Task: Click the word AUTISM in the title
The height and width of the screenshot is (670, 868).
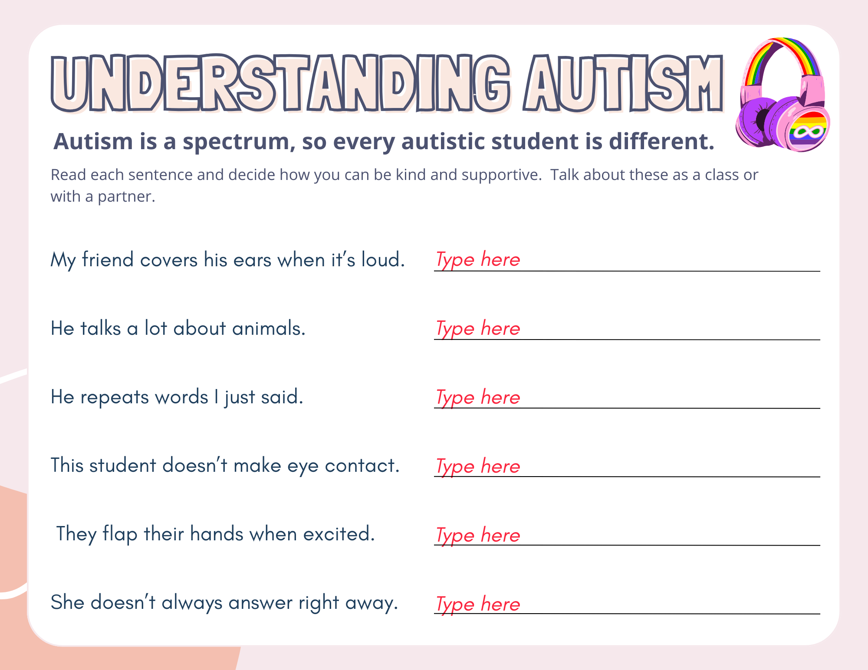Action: click(623, 83)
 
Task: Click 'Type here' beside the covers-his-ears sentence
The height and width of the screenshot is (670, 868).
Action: click(477, 260)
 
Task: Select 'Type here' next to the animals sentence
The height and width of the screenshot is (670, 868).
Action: click(477, 328)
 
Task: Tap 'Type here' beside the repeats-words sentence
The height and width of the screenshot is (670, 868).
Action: click(477, 397)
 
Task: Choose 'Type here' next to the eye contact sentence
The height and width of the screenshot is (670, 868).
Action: click(477, 466)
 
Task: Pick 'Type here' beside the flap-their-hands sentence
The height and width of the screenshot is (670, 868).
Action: click(477, 535)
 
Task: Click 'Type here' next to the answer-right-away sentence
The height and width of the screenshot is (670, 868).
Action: click(477, 604)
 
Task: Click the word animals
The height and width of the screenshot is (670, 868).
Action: click(269, 328)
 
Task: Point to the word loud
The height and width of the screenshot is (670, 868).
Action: click(383, 260)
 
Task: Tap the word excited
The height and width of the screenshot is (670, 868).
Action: click(339, 534)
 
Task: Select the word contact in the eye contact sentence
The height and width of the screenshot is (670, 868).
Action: click(362, 466)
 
